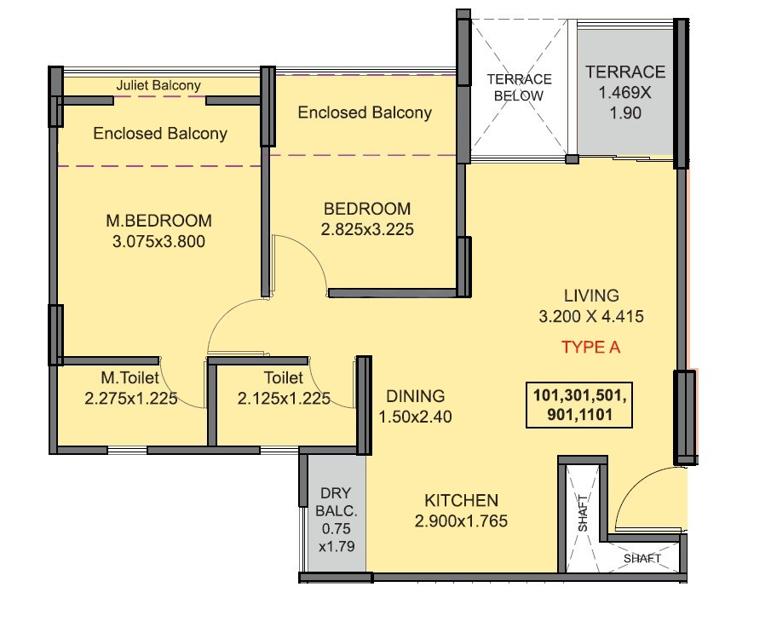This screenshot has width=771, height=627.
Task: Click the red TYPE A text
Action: [x=590, y=348]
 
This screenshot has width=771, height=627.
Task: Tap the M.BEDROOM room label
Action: [x=158, y=221]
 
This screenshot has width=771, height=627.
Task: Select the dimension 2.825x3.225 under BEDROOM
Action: [x=367, y=230]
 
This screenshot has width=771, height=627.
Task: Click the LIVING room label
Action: [x=591, y=296]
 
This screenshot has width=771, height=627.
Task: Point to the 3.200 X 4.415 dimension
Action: [x=591, y=316]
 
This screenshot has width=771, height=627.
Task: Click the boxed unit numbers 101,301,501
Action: [x=579, y=395]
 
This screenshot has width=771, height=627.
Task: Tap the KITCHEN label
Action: [x=461, y=500]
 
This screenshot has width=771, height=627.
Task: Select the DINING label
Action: [x=416, y=396]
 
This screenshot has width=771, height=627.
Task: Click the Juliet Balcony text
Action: [x=158, y=85]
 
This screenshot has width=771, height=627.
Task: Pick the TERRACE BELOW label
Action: [x=519, y=87]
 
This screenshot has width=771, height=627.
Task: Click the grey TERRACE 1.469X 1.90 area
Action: [x=625, y=93]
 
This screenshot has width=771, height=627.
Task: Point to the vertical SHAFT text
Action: [x=583, y=513]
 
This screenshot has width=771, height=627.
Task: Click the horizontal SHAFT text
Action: [x=642, y=558]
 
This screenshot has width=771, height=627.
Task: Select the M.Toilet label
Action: [x=129, y=377]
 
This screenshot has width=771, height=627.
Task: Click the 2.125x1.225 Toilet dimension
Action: [x=284, y=399]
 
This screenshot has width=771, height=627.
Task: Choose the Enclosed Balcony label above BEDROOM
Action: [x=365, y=112]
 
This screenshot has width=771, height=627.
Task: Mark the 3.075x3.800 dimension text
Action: [x=158, y=241]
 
